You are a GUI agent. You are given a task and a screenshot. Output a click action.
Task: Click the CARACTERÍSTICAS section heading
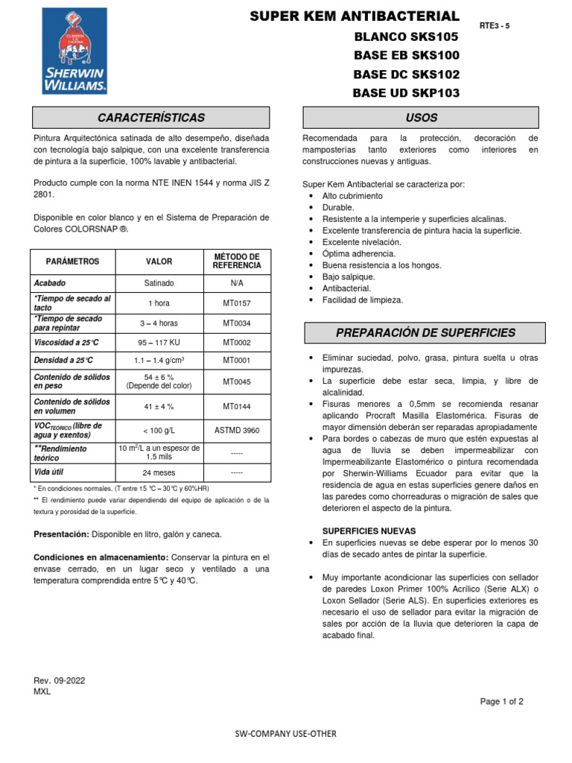[x=151, y=118]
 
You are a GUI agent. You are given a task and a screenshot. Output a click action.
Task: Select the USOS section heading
[x=421, y=118]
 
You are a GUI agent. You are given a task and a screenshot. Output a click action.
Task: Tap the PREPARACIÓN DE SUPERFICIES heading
[x=425, y=333]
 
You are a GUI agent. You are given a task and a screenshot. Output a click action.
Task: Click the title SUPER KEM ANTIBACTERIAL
[x=354, y=16]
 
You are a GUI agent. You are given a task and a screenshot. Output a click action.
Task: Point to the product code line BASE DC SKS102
[x=406, y=75]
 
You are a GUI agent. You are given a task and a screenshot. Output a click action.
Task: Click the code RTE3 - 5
[x=495, y=25]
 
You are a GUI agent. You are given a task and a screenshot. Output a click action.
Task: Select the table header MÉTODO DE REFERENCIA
[x=237, y=262]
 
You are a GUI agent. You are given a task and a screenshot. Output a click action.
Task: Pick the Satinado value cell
[x=159, y=283]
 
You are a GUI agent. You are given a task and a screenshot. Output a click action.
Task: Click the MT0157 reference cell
[x=237, y=303]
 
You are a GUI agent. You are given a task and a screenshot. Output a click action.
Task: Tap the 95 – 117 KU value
[x=159, y=343]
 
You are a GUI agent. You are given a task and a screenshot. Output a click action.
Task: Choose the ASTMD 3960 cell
[x=237, y=430]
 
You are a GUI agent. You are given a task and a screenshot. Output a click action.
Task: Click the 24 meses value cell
[x=159, y=472]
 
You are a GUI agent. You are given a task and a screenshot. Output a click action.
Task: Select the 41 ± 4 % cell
[x=159, y=406]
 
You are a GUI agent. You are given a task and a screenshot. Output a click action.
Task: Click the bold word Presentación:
[x=61, y=534]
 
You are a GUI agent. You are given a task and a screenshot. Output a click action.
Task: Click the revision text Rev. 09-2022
[x=60, y=680]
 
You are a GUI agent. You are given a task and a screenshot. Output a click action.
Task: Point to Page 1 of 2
[x=502, y=701]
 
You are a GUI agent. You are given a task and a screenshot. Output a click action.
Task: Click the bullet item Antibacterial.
[x=346, y=288]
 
